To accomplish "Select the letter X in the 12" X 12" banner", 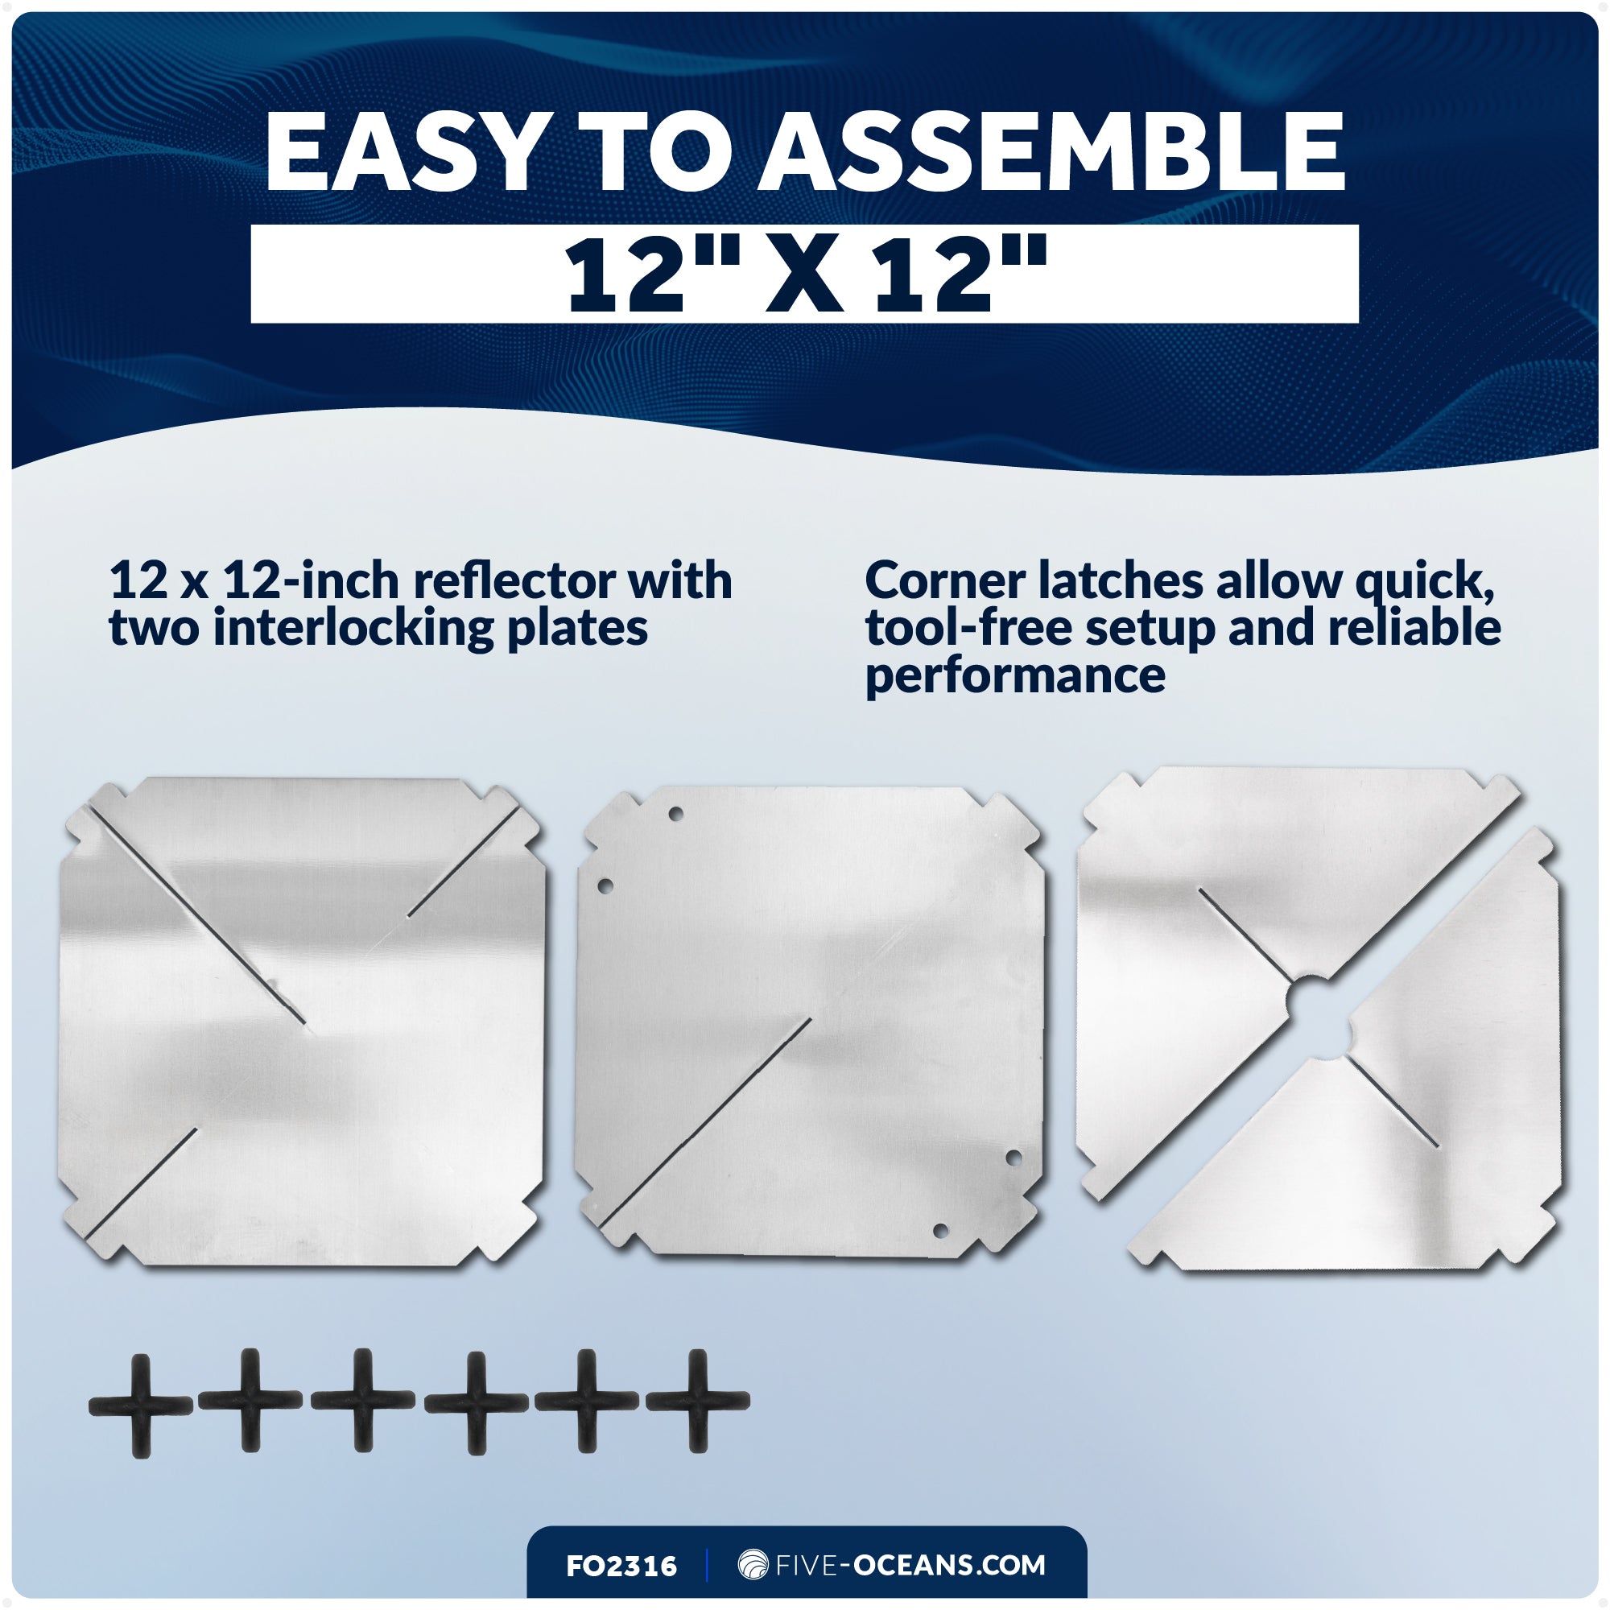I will [804, 275].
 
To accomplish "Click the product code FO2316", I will [621, 1566].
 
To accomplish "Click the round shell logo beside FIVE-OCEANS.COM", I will [753, 1565].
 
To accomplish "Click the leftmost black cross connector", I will [140, 1406].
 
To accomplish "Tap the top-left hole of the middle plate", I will [676, 814].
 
